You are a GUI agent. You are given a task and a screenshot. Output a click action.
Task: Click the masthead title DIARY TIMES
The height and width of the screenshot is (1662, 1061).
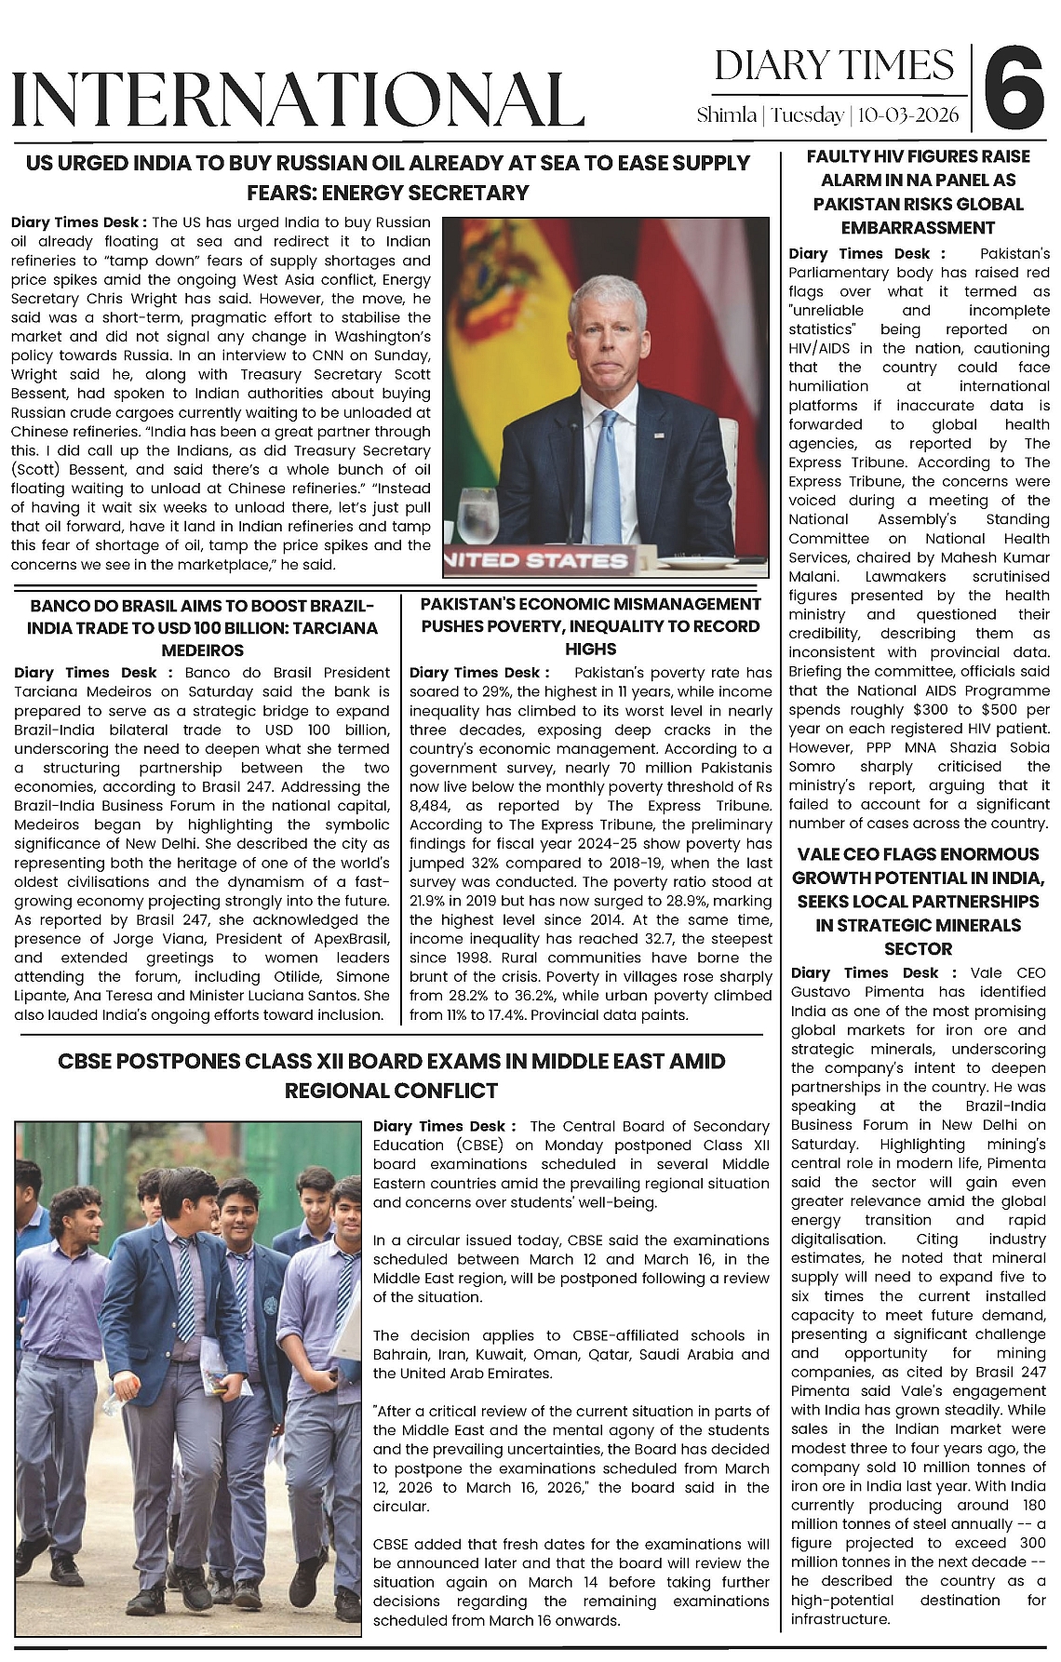click(x=834, y=66)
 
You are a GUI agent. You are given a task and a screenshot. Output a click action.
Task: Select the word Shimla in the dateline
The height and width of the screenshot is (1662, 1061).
click(x=726, y=115)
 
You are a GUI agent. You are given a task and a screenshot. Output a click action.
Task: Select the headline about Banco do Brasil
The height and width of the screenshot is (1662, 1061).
click(x=202, y=627)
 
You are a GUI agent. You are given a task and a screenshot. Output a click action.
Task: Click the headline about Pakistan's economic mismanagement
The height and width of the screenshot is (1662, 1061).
click(x=590, y=626)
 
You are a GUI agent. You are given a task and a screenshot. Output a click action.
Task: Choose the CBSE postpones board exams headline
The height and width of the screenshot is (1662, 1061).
click(x=391, y=1075)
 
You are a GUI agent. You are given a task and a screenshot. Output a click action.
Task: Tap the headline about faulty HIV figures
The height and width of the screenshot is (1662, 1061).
click(x=918, y=192)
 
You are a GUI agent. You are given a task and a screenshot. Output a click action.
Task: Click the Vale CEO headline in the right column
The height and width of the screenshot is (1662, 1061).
click(x=918, y=901)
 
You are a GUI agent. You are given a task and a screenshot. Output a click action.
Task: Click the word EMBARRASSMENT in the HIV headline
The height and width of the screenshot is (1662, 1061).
click(x=918, y=228)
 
